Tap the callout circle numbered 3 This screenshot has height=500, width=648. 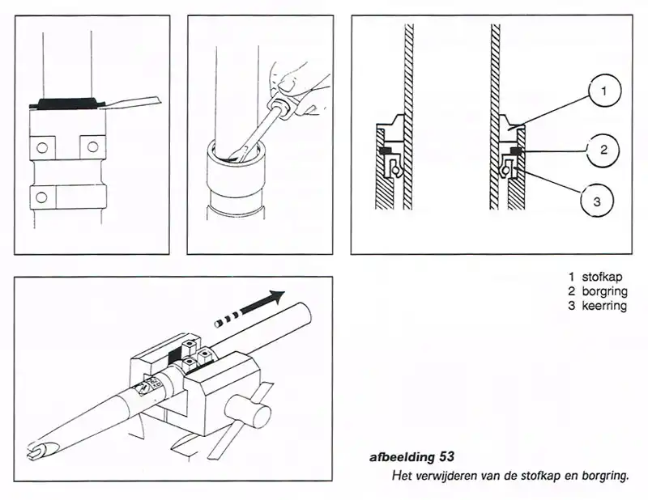[598, 201]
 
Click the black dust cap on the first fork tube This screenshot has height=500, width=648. [68, 103]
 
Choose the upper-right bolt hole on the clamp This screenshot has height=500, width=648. [93, 146]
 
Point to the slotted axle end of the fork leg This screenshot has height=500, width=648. [36, 450]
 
